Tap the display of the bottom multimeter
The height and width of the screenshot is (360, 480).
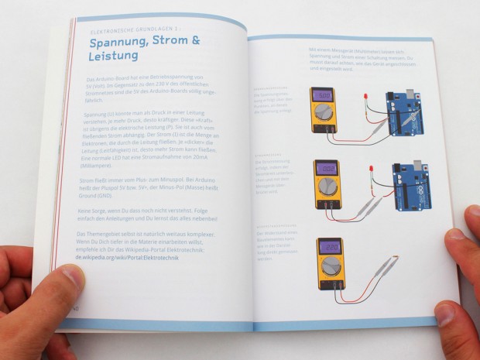pyautogui.click(x=330, y=248)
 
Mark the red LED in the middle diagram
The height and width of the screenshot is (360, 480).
pyautogui.click(x=369, y=168)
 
